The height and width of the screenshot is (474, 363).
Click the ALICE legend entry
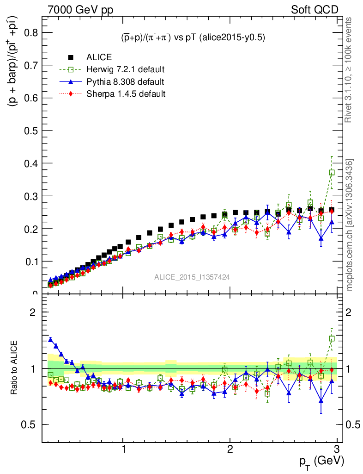(x=99, y=57)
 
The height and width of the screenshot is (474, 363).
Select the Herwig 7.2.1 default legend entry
(x=125, y=70)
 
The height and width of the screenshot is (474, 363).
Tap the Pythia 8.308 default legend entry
(x=125, y=82)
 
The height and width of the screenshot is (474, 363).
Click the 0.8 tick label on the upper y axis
(x=30, y=32)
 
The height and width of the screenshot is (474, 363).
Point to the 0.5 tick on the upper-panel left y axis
(x=30, y=131)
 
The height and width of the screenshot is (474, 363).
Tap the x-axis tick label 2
(x=230, y=450)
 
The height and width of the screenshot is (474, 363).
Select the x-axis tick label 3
(x=337, y=450)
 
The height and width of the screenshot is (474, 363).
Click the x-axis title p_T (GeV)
(x=321, y=461)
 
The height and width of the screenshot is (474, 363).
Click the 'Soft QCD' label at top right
(x=315, y=9)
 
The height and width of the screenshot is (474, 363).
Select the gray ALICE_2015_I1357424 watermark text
(x=192, y=277)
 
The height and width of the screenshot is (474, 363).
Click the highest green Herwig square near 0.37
(x=332, y=172)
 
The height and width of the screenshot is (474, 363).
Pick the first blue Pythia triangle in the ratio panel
(x=51, y=339)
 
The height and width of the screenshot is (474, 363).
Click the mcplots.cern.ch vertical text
(x=350, y=225)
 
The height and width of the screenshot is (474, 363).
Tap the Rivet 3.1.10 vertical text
(x=350, y=69)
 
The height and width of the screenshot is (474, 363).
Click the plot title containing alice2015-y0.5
(x=190, y=38)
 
